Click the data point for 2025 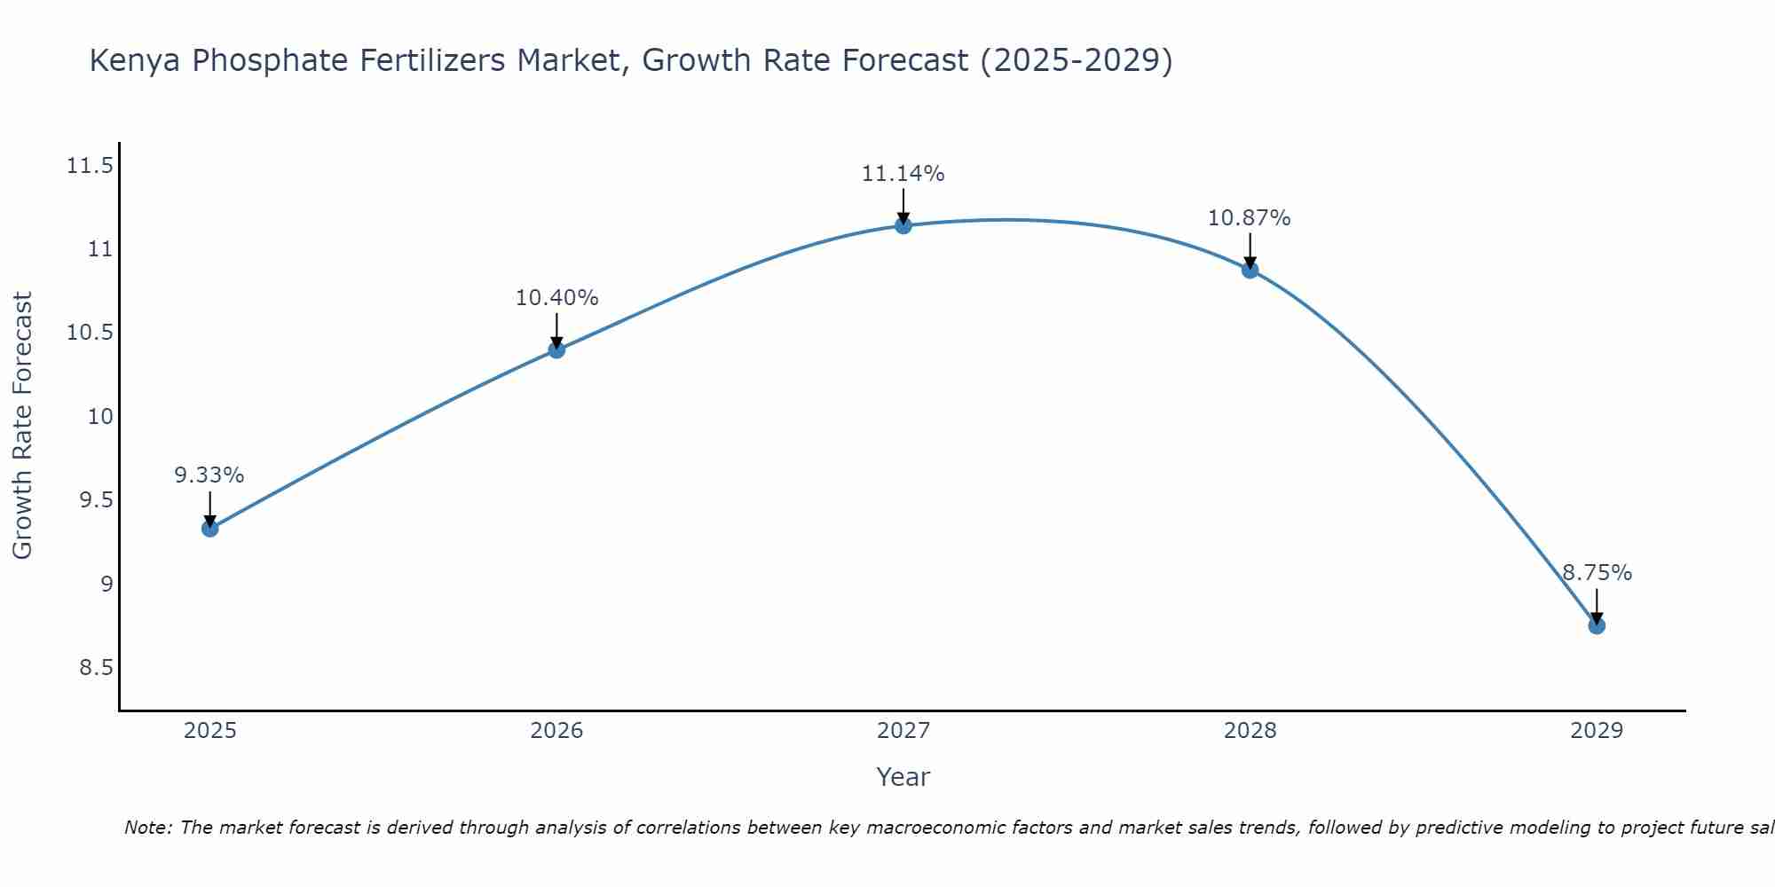pos(210,529)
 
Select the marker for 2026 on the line pos(556,349)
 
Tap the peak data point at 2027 pos(903,225)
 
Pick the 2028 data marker pos(1250,270)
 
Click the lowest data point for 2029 pos(1597,625)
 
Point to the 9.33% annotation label pos(209,475)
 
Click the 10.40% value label pos(556,298)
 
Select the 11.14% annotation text pos(903,174)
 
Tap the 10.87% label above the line pos(1249,218)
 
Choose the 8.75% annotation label pos(1597,573)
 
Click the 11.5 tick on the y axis pos(90,166)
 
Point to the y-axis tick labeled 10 pos(100,417)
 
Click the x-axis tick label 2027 pos(903,731)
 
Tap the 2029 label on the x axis pos(1596,731)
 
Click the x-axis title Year pos(903,777)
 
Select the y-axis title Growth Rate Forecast pos(22,426)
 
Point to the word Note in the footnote pos(146,828)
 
